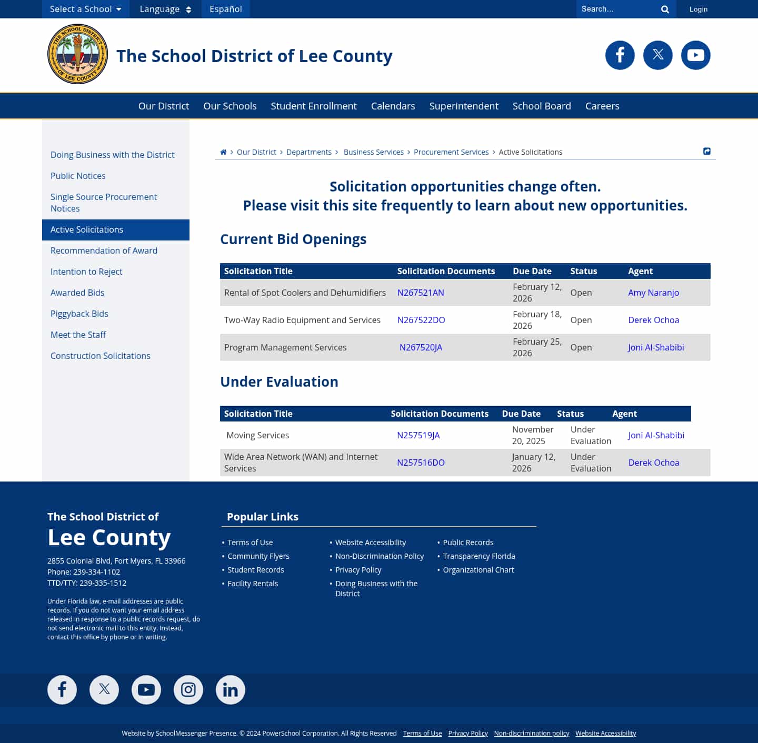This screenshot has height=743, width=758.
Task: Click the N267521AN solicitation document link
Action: pyautogui.click(x=420, y=293)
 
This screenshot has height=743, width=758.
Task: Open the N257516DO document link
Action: pyautogui.click(x=420, y=463)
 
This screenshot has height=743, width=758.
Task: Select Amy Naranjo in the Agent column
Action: pyautogui.click(x=653, y=293)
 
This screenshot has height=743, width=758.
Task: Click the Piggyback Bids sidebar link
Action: pyautogui.click(x=79, y=314)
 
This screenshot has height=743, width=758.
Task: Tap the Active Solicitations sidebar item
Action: pyautogui.click(x=87, y=229)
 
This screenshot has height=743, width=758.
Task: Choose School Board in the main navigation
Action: pyautogui.click(x=541, y=106)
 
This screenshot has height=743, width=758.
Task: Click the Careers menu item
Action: pyautogui.click(x=602, y=106)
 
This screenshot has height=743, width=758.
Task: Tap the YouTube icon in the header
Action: pyautogui.click(x=695, y=55)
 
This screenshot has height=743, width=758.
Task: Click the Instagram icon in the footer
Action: pyautogui.click(x=188, y=689)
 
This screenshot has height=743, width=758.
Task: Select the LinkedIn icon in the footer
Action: pyautogui.click(x=230, y=689)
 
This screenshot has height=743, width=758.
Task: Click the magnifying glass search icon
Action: pyautogui.click(x=665, y=9)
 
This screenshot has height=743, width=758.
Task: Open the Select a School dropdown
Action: pyautogui.click(x=85, y=9)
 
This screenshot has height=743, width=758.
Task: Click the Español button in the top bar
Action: pyautogui.click(x=225, y=9)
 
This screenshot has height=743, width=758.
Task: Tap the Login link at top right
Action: pyautogui.click(x=698, y=9)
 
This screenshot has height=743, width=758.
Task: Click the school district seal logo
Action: pyautogui.click(x=77, y=54)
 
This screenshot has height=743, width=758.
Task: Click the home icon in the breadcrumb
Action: pyautogui.click(x=223, y=152)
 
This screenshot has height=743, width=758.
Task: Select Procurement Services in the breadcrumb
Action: pyautogui.click(x=451, y=152)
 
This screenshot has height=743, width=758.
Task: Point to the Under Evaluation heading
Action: pyautogui.click(x=279, y=381)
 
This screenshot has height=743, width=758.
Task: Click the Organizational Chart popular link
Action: pyautogui.click(x=478, y=570)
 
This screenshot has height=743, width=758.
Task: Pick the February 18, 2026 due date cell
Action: pyautogui.click(x=537, y=320)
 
